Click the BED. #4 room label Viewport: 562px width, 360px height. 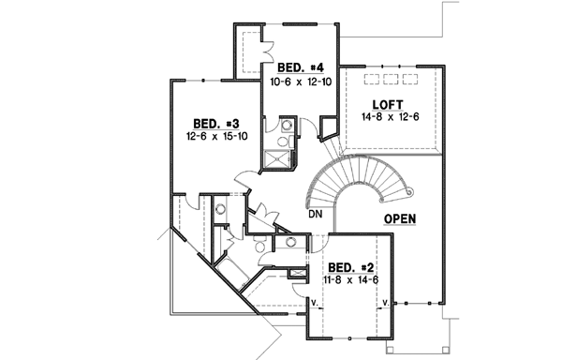pos(302,68)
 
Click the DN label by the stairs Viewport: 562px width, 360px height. pos(317,215)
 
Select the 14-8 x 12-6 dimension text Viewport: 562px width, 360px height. pos(388,118)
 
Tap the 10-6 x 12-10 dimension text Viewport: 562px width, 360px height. pos(302,82)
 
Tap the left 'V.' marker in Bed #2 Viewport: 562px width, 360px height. pos(316,303)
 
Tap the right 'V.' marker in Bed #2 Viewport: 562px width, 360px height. pos(386,303)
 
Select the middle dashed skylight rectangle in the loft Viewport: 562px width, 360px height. pos(389,79)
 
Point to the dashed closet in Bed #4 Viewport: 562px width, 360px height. pos(248,48)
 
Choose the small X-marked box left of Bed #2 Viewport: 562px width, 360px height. pos(299,272)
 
